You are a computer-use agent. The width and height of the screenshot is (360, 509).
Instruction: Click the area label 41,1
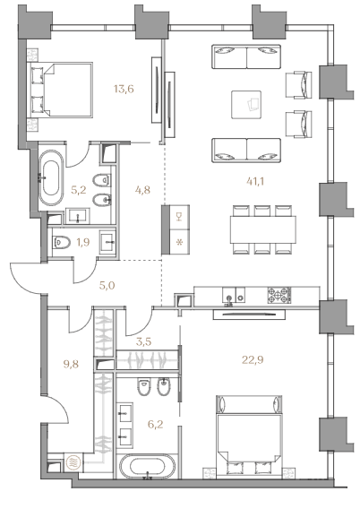click(255, 181)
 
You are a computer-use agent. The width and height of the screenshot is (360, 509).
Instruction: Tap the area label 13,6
click(124, 89)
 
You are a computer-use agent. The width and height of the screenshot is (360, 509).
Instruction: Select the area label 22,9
click(253, 359)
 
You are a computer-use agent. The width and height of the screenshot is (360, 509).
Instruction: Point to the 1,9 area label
click(83, 242)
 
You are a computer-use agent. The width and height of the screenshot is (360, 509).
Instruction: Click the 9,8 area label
click(71, 364)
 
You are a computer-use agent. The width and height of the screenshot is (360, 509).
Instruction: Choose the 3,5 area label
click(143, 341)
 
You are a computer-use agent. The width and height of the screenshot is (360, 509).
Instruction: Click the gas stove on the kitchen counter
click(279, 295)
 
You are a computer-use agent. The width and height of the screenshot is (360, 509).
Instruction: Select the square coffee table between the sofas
click(246, 105)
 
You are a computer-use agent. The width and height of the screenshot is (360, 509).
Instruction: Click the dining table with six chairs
click(263, 229)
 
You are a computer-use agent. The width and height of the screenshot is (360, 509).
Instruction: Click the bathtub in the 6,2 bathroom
click(148, 466)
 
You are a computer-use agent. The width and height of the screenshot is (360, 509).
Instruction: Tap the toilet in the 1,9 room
click(61, 242)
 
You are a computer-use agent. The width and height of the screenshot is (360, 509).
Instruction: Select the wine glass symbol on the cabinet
click(178, 217)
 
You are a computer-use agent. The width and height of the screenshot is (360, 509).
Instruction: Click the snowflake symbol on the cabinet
click(178, 242)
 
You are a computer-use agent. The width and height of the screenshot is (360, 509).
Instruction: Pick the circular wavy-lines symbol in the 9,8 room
click(73, 462)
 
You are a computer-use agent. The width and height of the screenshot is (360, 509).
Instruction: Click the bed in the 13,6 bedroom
click(61, 90)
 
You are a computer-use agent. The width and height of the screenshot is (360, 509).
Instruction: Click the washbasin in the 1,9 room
click(107, 243)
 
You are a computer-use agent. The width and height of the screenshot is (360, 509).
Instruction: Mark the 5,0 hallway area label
click(107, 286)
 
